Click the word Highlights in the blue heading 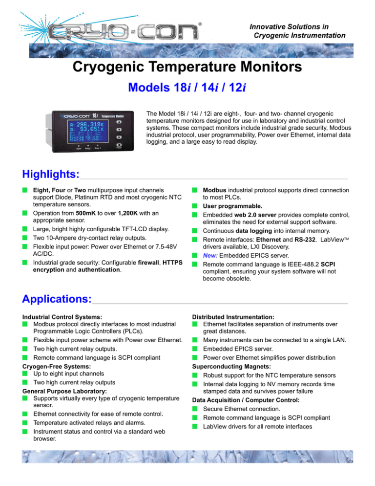50,174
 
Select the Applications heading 57,298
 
